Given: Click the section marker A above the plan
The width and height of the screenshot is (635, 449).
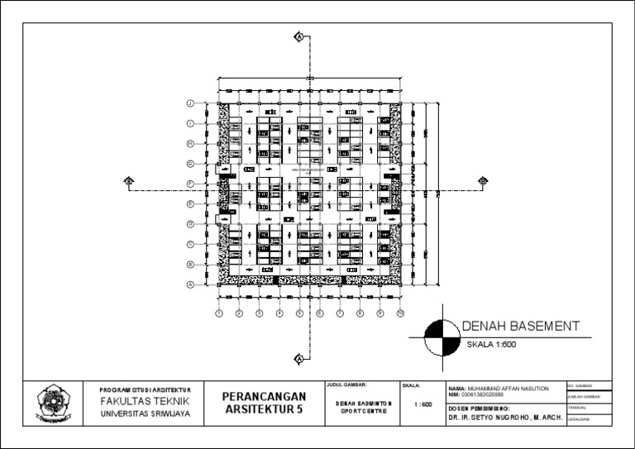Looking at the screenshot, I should tap(299, 36).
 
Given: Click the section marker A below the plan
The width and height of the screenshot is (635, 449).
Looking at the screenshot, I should tap(299, 358).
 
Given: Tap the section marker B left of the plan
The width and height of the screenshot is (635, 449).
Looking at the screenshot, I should tap(128, 180).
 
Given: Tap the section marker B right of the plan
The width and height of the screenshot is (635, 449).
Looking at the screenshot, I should tap(483, 180).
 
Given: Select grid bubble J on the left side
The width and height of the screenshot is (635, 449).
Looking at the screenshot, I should tap(189, 103).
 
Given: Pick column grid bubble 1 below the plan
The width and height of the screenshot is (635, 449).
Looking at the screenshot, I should tap(218, 313).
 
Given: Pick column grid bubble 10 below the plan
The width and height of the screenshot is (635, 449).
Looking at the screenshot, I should tap(400, 313).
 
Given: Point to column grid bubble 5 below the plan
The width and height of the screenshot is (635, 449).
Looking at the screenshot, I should tap(299, 313).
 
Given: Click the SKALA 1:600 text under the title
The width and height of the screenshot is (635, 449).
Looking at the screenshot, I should tap(491, 344).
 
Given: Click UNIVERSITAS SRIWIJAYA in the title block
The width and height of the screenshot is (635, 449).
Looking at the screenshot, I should tap(145, 413).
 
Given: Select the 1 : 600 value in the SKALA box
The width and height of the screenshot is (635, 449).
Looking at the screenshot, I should tap(421, 404).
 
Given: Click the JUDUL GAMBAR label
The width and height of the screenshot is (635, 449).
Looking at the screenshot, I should tap(346, 385).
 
